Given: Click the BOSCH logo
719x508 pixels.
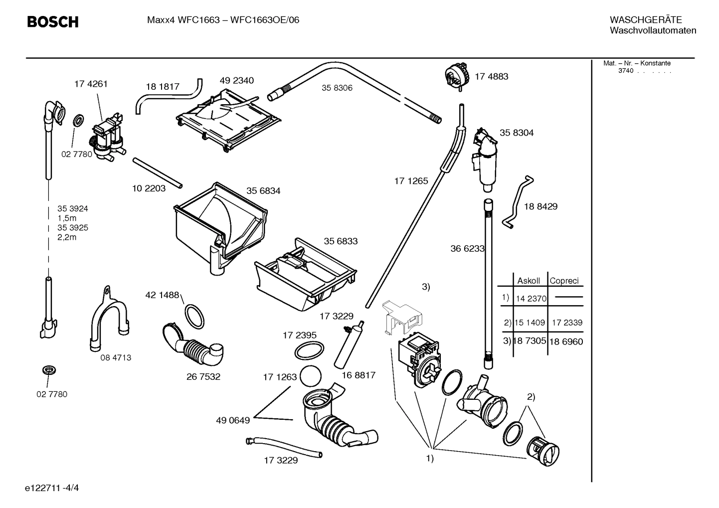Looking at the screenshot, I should (52, 22).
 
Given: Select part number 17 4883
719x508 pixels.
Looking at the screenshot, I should (491, 76).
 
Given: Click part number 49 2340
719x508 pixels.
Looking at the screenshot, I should (236, 81).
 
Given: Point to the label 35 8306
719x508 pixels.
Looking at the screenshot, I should (337, 88).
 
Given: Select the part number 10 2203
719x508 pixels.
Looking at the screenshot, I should (149, 188).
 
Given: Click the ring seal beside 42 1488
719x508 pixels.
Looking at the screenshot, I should (194, 315).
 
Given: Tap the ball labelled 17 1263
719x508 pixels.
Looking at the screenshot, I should (311, 376).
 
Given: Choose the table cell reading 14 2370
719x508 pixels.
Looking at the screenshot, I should (531, 299).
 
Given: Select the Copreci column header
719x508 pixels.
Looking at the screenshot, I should (564, 281).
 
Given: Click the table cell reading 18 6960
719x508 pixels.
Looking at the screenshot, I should (566, 342).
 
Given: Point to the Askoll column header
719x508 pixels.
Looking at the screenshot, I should (529, 281).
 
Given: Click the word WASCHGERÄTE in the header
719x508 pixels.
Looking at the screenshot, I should (645, 20).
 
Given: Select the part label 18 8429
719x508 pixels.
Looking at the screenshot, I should (540, 206).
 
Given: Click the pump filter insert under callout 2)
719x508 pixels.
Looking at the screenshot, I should (544, 451).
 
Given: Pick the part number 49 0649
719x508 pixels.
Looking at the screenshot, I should (233, 420).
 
